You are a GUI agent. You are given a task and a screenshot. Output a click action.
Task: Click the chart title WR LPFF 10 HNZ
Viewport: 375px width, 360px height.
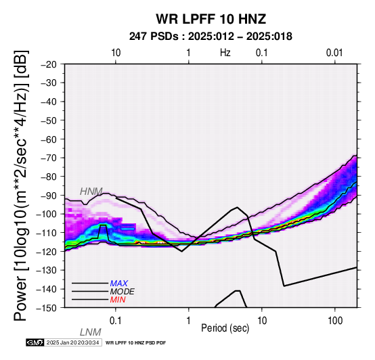211,19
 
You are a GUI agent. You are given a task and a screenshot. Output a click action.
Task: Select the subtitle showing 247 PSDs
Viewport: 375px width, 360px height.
211,37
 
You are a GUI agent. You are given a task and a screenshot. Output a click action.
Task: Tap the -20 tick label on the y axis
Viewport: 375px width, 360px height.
49,64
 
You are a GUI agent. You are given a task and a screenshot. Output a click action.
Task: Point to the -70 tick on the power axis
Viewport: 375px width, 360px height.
49,158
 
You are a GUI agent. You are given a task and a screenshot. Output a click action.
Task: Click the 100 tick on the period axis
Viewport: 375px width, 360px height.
335,321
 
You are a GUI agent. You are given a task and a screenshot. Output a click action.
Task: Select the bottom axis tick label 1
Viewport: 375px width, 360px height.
189,321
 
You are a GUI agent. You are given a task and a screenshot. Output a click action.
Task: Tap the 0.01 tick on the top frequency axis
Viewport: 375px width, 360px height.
334,53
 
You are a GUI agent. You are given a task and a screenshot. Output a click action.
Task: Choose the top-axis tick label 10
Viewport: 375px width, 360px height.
116,53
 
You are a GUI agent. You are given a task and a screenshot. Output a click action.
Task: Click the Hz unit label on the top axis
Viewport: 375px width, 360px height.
225,53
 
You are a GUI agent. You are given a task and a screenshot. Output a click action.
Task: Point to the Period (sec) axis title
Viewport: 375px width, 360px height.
225,328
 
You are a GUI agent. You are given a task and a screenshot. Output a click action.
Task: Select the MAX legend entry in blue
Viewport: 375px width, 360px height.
119,284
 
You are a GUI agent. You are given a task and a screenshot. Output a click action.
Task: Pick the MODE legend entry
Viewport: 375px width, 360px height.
123,292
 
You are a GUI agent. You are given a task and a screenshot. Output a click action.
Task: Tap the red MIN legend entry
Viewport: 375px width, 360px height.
118,300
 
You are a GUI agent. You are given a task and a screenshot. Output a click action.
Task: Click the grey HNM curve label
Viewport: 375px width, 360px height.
91,192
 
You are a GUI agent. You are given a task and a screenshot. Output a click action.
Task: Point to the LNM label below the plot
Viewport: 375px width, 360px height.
91,332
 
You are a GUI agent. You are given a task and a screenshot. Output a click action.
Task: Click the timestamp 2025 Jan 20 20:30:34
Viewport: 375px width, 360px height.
72,342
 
